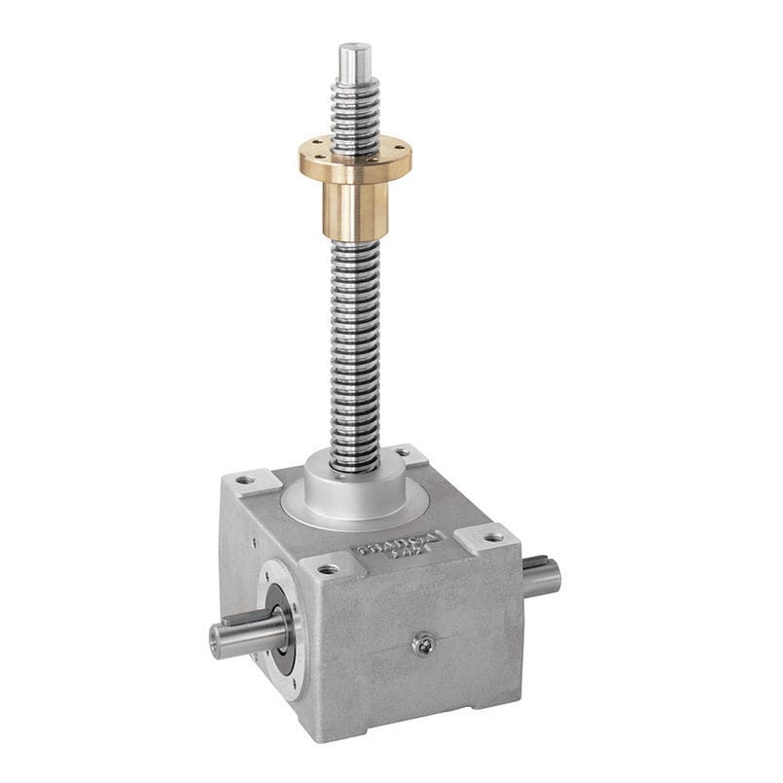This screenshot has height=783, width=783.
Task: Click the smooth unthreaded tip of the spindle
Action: coord(355,60)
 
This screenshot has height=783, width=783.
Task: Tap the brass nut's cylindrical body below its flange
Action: coord(354,209)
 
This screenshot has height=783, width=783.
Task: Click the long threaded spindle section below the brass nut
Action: coord(353,350)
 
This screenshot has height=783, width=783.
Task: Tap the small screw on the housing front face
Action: coord(423,643)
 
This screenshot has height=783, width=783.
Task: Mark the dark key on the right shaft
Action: coord(536,561)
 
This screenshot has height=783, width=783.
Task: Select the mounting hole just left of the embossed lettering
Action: coord(326,568)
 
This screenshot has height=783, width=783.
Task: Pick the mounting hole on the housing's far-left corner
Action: coord(244,480)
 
